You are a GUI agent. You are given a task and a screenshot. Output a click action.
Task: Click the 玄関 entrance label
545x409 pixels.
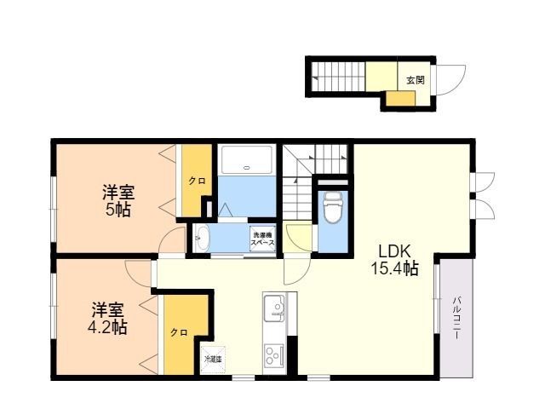click(x=415, y=80)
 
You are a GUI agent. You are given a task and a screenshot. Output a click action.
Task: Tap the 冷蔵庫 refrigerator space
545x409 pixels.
click(x=212, y=360)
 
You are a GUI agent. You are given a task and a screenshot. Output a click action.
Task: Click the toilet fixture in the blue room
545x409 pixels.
click(x=332, y=205)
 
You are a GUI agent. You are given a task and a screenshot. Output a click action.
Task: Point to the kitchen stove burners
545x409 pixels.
click(x=274, y=354)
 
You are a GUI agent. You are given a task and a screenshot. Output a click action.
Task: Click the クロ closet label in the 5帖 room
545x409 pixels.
click(x=196, y=181)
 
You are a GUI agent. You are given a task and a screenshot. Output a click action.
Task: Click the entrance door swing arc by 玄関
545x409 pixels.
click(x=449, y=80)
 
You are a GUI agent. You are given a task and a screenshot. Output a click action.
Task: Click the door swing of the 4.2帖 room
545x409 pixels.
click(x=137, y=273)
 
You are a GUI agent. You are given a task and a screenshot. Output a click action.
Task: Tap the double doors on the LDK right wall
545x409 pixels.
click(x=481, y=194)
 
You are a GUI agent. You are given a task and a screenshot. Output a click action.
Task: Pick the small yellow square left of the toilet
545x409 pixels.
click(x=299, y=236)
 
